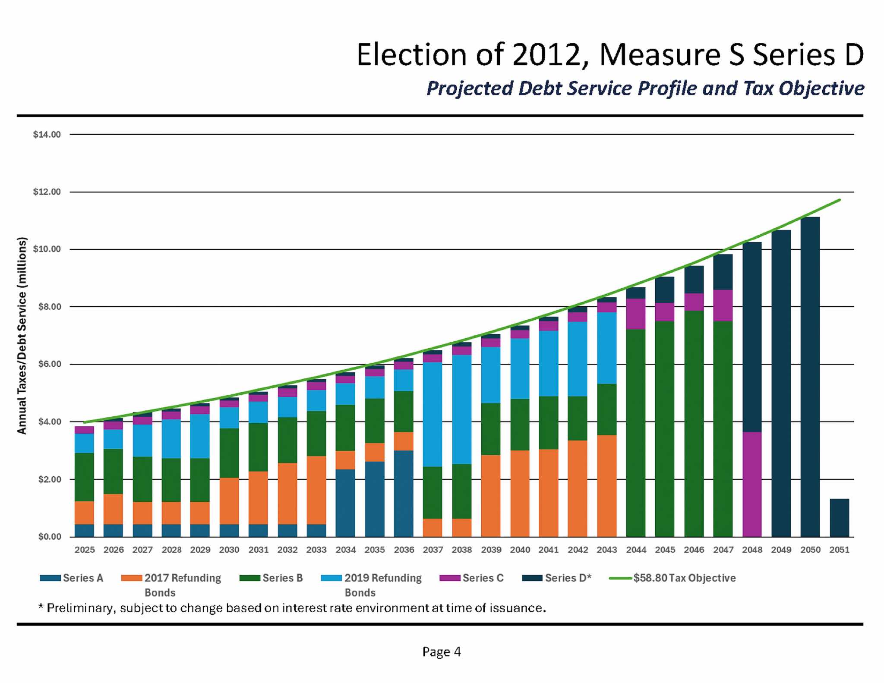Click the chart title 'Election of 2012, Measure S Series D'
pos(610,55)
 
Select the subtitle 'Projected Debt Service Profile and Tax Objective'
pos(645,88)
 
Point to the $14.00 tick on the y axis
pos(47,135)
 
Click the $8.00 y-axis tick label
pos(47,307)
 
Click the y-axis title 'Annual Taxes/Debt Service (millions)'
pos(22,335)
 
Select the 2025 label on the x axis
pos(85,550)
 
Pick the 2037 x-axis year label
pos(433,550)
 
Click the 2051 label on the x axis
pos(839,550)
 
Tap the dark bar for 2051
pos(839,518)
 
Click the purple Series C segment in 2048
pos(752,484)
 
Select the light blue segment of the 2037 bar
pos(433,414)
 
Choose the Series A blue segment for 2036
pos(404,494)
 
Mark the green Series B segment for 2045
pos(665,429)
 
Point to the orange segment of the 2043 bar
pos(606,486)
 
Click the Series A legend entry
pos(72,578)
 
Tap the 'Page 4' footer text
pos(441,652)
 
